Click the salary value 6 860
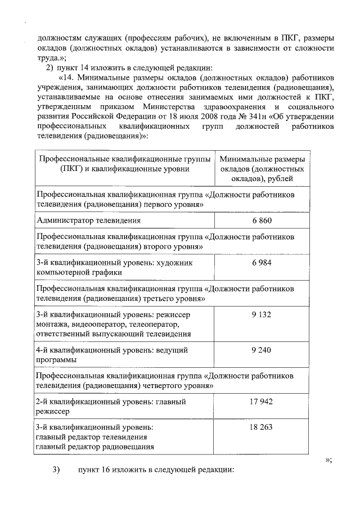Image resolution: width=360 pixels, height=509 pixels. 261,221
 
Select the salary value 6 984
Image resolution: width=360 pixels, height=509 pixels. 261,263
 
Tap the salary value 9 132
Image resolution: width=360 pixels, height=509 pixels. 261,314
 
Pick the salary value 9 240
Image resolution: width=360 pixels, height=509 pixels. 261,350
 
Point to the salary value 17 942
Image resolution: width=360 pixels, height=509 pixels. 261,402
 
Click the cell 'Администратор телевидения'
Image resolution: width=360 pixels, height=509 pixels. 88,221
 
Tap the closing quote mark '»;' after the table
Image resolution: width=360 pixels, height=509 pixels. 328,459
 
